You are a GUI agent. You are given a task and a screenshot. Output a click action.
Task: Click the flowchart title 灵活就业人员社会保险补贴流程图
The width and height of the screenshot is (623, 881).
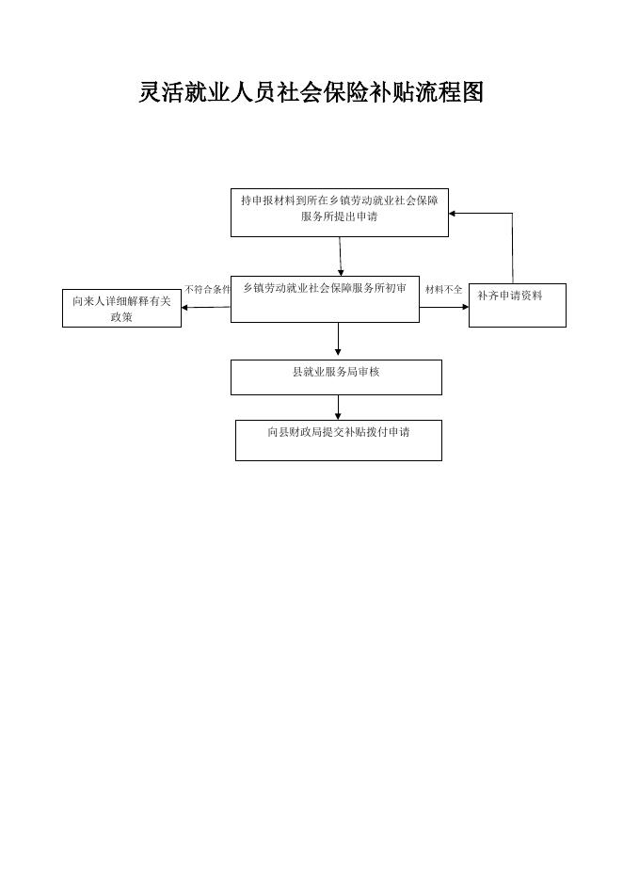click(311, 92)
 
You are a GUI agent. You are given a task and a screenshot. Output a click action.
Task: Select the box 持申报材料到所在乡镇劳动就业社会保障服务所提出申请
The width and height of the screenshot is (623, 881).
click(339, 213)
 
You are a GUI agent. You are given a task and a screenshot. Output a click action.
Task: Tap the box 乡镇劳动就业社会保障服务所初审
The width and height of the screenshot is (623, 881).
click(325, 298)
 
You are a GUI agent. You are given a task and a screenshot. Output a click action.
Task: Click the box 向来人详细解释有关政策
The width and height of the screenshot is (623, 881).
click(121, 308)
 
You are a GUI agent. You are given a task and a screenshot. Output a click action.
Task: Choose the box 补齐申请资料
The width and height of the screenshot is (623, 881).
click(517, 305)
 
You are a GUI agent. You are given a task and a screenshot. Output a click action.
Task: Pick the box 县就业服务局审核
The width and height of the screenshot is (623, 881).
click(336, 376)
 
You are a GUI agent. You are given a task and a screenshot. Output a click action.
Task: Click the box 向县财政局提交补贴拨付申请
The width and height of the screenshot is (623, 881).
click(338, 440)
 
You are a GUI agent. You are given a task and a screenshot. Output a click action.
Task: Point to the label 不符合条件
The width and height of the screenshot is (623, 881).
click(207, 289)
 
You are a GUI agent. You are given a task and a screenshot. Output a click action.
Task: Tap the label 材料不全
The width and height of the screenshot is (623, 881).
click(443, 289)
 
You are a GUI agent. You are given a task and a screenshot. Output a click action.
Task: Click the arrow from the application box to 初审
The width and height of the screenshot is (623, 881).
click(341, 255)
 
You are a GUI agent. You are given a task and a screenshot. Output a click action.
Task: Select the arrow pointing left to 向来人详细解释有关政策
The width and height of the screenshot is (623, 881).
click(206, 307)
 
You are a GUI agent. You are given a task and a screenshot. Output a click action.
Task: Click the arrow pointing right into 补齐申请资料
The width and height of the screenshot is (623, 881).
click(444, 306)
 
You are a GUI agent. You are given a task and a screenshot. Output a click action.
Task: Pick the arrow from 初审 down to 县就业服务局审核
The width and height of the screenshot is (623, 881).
click(338, 340)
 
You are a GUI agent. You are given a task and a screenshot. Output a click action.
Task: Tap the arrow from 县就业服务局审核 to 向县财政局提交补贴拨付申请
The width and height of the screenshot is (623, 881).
click(338, 408)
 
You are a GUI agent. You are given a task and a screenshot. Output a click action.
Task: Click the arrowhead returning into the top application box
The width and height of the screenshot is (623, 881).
click(454, 213)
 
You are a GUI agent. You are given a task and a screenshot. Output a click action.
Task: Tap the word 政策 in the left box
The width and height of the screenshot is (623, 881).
click(121, 317)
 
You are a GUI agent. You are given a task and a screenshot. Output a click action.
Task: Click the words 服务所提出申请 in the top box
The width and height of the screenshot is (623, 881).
click(339, 216)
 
